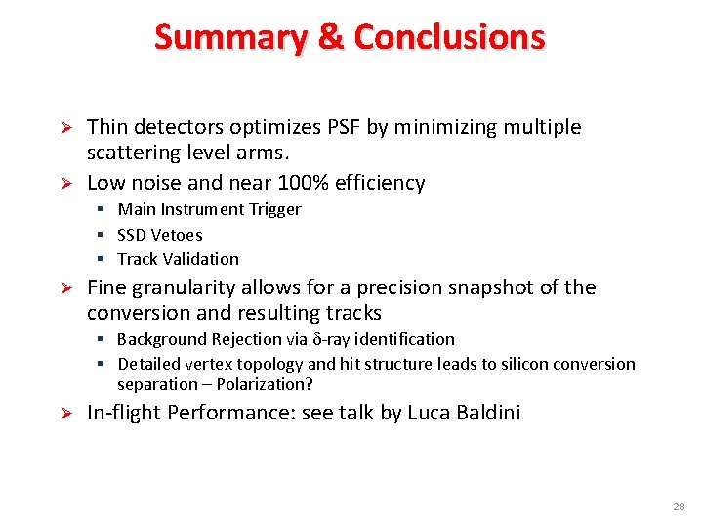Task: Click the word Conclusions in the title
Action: coord(449,37)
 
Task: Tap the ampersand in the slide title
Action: coord(331,37)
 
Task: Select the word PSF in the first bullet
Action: coord(342,127)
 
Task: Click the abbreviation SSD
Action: coord(131,235)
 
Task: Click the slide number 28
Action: coord(678,506)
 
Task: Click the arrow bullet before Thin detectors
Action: coord(67,128)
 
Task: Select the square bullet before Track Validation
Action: coord(102,259)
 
